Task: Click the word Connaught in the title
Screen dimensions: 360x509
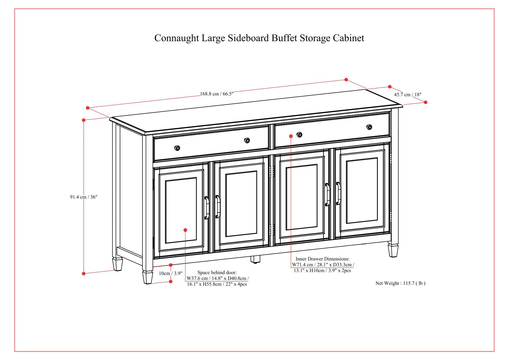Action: [177, 38]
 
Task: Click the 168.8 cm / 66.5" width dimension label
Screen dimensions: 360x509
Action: [217, 94]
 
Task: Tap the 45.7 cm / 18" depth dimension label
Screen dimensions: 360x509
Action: [407, 95]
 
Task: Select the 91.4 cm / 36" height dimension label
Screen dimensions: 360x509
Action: [84, 197]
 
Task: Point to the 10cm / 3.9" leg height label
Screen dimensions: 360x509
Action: [170, 273]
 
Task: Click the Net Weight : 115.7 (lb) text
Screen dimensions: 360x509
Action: [400, 283]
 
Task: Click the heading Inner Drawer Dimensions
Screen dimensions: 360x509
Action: [323, 259]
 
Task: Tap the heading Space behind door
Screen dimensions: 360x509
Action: [217, 272]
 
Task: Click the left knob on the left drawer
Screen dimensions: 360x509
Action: [177, 148]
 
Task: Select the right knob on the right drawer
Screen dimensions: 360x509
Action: [369, 127]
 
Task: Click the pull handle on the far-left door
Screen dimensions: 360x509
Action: [207, 207]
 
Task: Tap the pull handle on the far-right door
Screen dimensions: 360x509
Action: [338, 193]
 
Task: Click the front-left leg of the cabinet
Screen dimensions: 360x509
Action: [148, 277]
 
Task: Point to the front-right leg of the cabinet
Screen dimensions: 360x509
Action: [393, 250]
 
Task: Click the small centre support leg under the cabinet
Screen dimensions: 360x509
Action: [255, 259]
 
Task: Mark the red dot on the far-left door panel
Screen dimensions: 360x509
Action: [185, 230]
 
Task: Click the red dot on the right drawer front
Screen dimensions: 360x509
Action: [291, 136]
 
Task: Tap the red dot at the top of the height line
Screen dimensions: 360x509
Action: [84, 120]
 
